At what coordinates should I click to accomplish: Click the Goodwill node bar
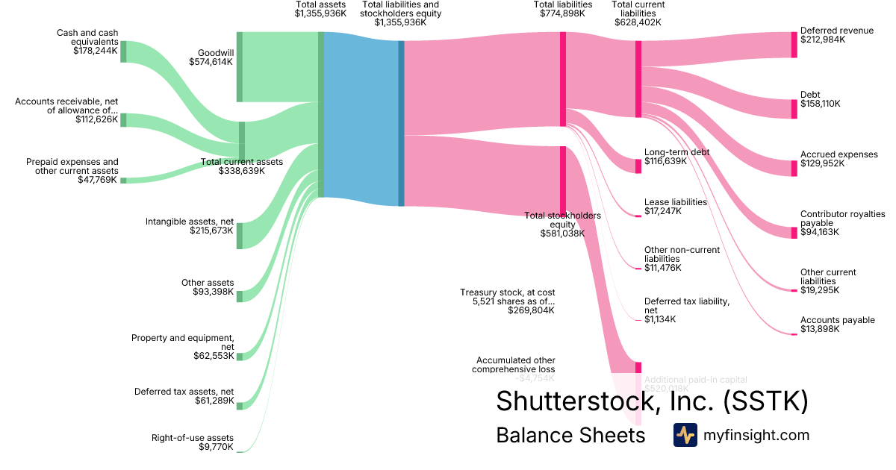(x=240, y=66)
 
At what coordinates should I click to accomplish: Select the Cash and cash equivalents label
(x=87, y=37)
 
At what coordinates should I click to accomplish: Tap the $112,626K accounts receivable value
(x=96, y=119)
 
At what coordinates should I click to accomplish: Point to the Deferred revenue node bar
(x=794, y=45)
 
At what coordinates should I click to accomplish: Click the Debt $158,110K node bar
(x=794, y=109)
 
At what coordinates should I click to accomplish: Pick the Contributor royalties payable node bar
(x=794, y=232)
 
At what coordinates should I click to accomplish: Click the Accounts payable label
(x=837, y=320)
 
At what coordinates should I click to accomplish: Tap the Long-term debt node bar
(x=638, y=166)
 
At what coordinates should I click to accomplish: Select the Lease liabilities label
(x=675, y=202)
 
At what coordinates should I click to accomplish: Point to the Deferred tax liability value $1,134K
(x=660, y=319)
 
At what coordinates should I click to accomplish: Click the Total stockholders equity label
(x=562, y=220)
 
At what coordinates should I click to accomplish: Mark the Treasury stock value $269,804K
(x=531, y=310)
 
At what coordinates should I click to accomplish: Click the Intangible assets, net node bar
(x=240, y=236)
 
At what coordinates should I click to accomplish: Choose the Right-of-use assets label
(x=193, y=438)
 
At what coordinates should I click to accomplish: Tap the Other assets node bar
(x=240, y=296)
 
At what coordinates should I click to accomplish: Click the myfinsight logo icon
(x=685, y=435)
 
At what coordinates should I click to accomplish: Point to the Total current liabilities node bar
(x=638, y=79)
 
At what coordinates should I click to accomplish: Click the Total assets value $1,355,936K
(x=320, y=13)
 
